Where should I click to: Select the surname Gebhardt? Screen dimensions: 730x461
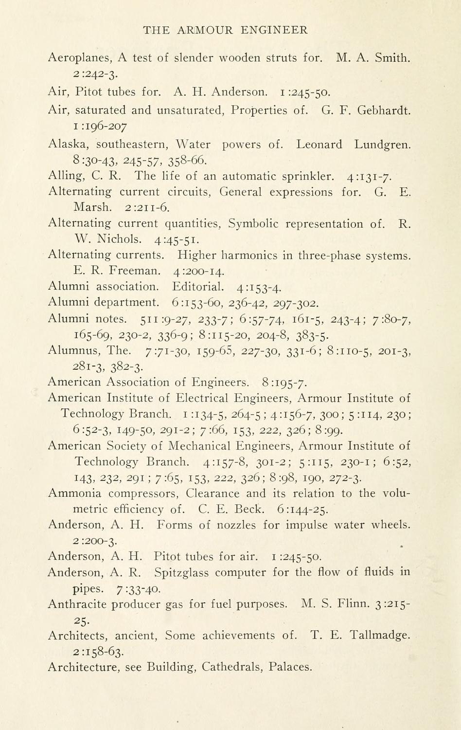tap(384, 110)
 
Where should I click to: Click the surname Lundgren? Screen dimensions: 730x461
tap(383, 145)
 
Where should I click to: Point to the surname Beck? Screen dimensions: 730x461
tap(249, 510)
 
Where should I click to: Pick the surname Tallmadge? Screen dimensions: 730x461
tap(381, 636)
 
